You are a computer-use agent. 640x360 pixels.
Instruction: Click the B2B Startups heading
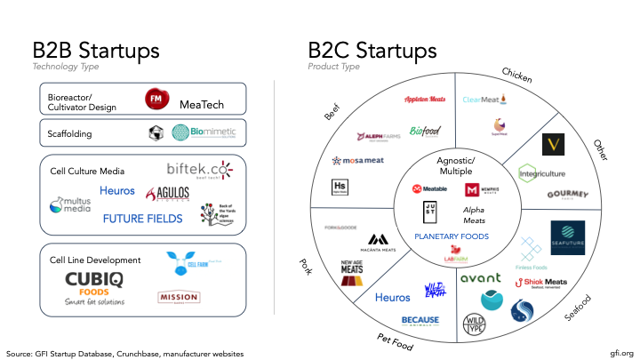coord(96,50)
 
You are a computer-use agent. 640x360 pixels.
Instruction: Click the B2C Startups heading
coord(372,50)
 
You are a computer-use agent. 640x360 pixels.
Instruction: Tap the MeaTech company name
coord(201,105)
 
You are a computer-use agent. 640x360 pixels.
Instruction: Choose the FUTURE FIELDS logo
coord(142,218)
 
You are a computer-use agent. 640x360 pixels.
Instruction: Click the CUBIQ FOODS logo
coord(92,284)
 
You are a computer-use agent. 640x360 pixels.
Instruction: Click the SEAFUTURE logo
coord(567,236)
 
